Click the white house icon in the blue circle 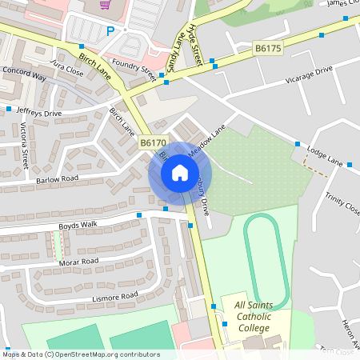[180, 172]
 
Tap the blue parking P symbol [110, 31]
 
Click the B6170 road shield [152, 142]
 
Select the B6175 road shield [268, 49]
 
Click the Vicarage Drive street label [302, 75]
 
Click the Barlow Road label [57, 178]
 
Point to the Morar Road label [78, 262]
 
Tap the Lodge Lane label [324, 157]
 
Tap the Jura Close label [66, 67]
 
